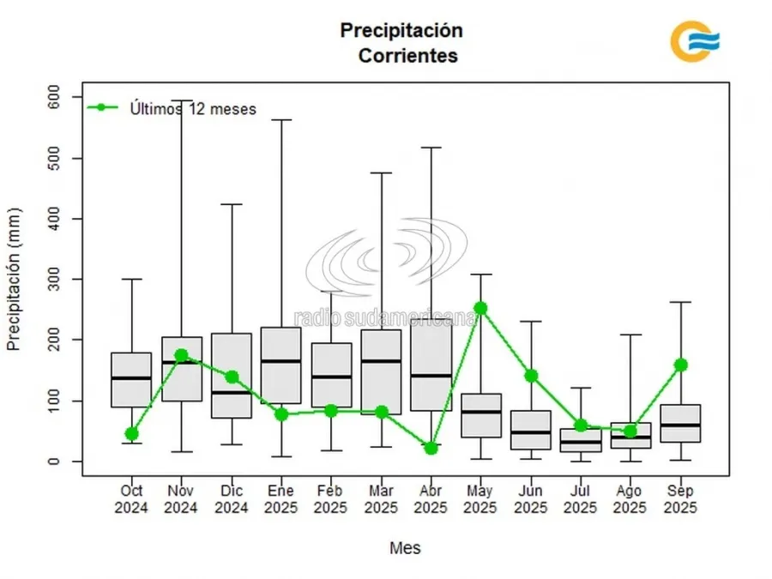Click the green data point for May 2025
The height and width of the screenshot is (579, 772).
[x=481, y=308]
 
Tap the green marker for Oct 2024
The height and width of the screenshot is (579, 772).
[x=131, y=434]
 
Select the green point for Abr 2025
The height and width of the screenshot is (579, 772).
[x=431, y=448]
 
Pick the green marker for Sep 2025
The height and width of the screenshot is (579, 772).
[x=681, y=365]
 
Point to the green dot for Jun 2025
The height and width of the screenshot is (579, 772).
[x=531, y=375]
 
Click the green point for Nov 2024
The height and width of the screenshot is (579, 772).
[x=181, y=354]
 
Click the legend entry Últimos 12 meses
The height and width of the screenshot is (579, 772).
[x=192, y=108]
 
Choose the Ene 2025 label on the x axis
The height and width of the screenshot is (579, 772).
[x=280, y=499]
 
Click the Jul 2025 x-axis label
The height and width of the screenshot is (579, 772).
[x=581, y=499]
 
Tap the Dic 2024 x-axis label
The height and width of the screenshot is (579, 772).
[x=231, y=499]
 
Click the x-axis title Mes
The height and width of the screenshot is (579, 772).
[x=405, y=547]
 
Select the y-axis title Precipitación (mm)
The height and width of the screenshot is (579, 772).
[x=14, y=279]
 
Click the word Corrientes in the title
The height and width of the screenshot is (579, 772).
[x=407, y=57]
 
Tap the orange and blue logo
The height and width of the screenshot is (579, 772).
[x=694, y=41]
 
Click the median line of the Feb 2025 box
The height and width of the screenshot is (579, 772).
[x=331, y=377]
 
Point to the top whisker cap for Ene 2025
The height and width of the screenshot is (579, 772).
[x=280, y=120]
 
